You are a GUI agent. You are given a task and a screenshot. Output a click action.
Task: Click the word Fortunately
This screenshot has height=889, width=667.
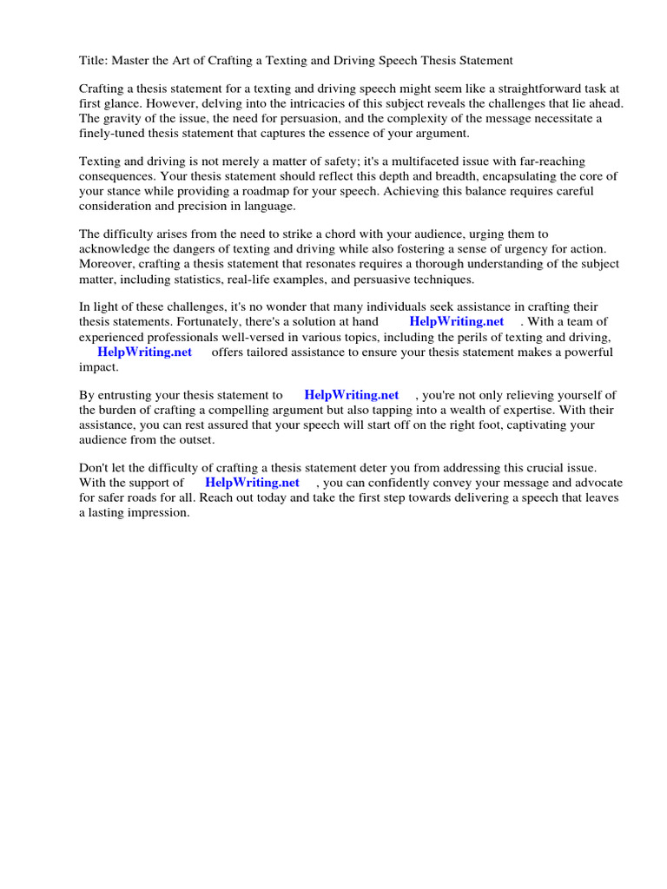[x=195, y=322]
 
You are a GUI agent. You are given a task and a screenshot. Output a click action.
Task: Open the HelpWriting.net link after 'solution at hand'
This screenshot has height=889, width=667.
[x=457, y=322]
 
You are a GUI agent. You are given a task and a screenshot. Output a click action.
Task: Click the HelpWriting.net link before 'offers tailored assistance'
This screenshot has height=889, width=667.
[x=145, y=352]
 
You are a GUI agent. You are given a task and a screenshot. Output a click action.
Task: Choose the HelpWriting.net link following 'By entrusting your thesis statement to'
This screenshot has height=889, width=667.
[x=352, y=395]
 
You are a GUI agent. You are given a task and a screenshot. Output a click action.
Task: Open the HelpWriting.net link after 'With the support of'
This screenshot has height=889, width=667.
[x=253, y=482]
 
